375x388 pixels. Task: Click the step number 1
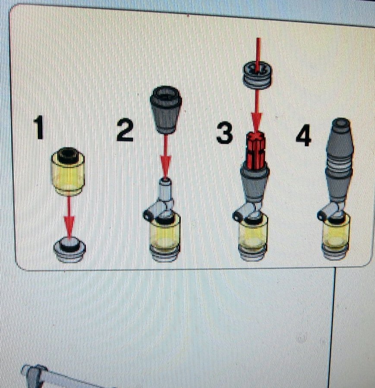coord(39,127)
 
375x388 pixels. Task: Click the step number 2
coord(125,130)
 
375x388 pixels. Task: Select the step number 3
coord(224,133)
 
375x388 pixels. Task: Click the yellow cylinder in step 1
coord(68,171)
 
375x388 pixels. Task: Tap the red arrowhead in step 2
coord(165,167)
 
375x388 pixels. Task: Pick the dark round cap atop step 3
coord(257,75)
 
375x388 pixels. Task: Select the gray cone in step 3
coord(255,184)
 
